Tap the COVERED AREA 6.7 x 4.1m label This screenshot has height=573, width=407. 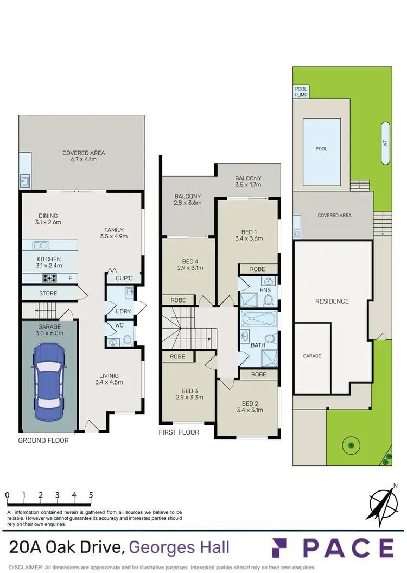(x=83, y=156)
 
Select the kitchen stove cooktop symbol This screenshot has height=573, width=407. (x=50, y=279)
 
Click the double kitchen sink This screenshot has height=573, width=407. (x=41, y=245)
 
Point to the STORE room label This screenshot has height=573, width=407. (x=48, y=294)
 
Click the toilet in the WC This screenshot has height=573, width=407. (x=127, y=340)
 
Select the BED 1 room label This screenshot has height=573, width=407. (x=249, y=234)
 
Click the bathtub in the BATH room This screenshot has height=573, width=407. (x=258, y=318)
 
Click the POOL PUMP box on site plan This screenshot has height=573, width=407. (x=301, y=91)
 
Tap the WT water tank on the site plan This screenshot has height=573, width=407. (x=385, y=143)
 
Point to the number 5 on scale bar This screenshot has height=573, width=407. (x=91, y=495)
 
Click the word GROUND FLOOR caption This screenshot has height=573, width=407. (x=43, y=440)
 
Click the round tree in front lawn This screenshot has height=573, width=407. (x=351, y=446)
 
